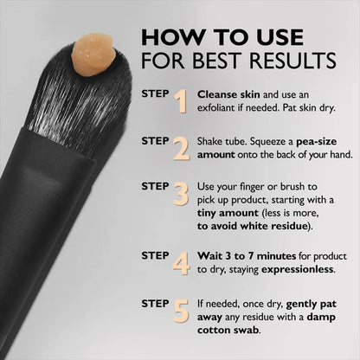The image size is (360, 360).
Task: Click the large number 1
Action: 181,101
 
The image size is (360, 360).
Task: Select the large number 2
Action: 181,148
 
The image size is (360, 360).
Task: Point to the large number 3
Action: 180,195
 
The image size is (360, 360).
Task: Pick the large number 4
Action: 181,262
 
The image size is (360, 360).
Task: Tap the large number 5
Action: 181,309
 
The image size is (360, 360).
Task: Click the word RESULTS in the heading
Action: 294,62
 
